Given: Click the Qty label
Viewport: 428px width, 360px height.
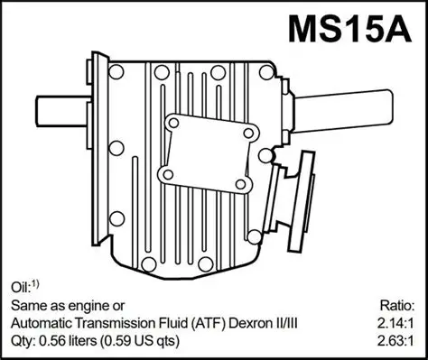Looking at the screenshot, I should pyautogui.click(x=22, y=342).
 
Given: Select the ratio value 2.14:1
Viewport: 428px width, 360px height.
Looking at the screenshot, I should pyautogui.click(x=396, y=323).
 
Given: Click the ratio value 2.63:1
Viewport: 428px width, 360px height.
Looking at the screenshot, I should pyautogui.click(x=396, y=342).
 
